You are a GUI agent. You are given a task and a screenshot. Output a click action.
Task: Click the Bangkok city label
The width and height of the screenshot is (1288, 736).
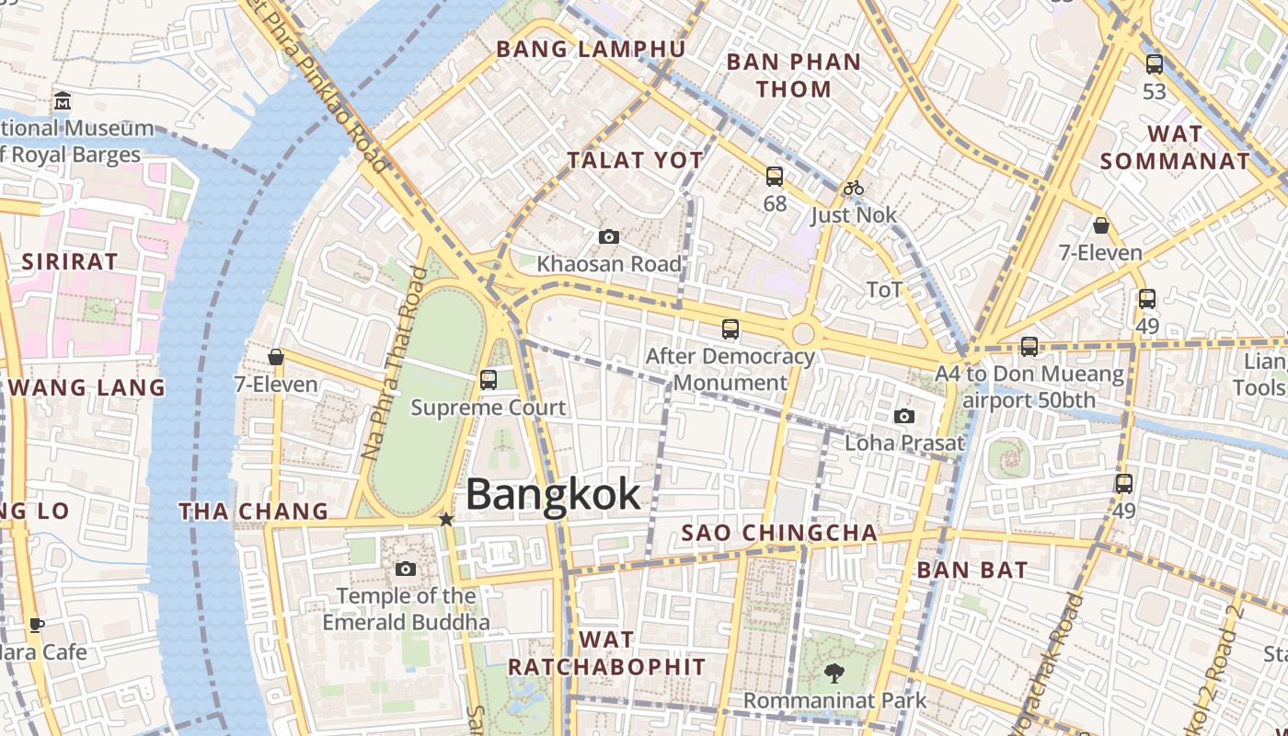pyautogui.click(x=553, y=494)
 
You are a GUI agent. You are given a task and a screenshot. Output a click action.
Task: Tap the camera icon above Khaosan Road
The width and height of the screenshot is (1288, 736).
pyautogui.click(x=608, y=237)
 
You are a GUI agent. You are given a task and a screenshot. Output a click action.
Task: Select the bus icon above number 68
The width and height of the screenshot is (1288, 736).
pyautogui.click(x=775, y=176)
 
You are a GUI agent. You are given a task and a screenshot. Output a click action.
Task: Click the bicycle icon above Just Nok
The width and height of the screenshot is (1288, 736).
pyautogui.click(x=854, y=189)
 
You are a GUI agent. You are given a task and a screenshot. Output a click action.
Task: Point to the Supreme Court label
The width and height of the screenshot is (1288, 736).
pyautogui.click(x=489, y=407)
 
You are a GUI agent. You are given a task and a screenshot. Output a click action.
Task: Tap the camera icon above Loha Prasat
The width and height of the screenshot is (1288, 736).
pyautogui.click(x=904, y=417)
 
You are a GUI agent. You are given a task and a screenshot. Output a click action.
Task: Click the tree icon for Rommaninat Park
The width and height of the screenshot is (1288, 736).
pyautogui.click(x=834, y=673)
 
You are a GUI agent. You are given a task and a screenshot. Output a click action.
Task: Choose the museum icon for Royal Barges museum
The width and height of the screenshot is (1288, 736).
pyautogui.click(x=63, y=100)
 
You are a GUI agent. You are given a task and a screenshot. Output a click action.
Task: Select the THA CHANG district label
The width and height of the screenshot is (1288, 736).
pyautogui.click(x=253, y=512)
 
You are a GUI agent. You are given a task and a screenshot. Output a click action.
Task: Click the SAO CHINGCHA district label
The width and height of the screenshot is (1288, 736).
pyautogui.click(x=779, y=533)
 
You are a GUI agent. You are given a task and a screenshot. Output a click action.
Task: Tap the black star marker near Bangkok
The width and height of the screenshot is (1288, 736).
pyautogui.click(x=446, y=520)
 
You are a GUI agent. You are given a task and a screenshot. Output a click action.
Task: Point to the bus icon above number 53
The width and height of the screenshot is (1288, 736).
pyautogui.click(x=1154, y=64)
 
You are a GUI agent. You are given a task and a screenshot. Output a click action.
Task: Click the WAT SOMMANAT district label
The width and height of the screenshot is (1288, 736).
pyautogui.click(x=1175, y=147)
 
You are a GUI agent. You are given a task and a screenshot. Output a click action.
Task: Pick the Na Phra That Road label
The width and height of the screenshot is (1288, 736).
pyautogui.click(x=394, y=363)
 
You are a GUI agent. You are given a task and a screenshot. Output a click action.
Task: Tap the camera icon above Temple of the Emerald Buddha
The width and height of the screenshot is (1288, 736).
pyautogui.click(x=405, y=569)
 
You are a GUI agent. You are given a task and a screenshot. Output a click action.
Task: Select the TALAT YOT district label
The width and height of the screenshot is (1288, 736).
pyautogui.click(x=635, y=160)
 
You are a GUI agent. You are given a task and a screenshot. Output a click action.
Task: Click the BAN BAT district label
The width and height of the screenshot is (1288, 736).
pyautogui.click(x=972, y=569)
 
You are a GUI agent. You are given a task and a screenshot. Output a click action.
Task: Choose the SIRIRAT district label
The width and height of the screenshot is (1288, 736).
pyautogui.click(x=70, y=261)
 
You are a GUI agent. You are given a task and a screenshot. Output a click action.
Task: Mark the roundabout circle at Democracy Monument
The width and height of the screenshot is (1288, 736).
pyautogui.click(x=803, y=333)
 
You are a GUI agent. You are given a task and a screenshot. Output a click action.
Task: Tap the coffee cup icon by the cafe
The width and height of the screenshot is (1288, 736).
pyautogui.click(x=37, y=626)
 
